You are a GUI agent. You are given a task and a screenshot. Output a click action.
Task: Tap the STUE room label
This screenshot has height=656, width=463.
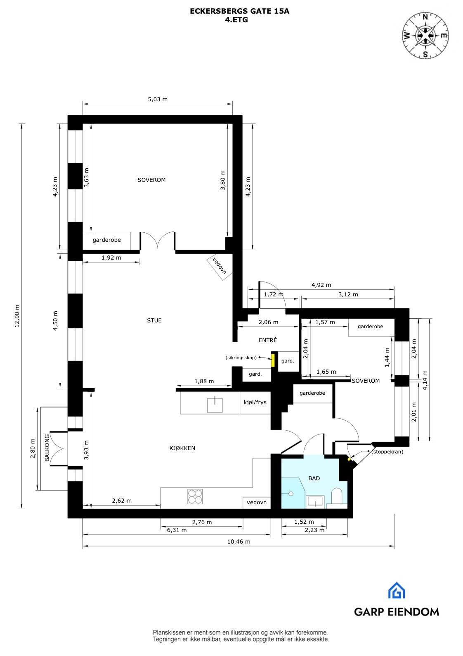coord(154,320)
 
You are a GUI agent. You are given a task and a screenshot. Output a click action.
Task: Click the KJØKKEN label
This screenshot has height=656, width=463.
coord(182,448)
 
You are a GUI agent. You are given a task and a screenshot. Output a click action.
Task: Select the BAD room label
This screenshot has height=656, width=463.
coord(314,478)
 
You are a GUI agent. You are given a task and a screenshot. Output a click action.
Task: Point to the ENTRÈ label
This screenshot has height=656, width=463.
coord(268,340)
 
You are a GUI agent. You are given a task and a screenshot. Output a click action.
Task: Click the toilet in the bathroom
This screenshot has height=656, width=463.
coord(337,496)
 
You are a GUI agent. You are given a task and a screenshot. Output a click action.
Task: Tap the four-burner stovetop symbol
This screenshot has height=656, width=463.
coord(195,496)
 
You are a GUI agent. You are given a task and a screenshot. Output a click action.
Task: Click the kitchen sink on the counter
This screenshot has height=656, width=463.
coord(215,405)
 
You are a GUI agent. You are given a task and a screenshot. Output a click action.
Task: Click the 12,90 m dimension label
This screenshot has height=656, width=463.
coord(17,316)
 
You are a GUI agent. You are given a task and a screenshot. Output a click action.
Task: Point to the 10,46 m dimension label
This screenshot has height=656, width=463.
coord(239,541)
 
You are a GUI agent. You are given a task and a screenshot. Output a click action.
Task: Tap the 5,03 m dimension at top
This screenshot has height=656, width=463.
coord(158,99)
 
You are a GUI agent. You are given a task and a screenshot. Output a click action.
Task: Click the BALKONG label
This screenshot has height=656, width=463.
coord(47,448)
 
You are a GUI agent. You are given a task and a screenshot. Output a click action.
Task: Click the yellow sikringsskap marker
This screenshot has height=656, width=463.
coord(273,359)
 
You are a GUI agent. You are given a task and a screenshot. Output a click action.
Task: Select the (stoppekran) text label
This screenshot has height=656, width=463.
coord(387,452)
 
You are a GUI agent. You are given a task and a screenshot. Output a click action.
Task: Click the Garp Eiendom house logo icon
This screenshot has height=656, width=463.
coord(397,590)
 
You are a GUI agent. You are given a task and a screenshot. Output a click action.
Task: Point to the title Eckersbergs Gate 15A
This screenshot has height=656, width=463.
coord(239,11)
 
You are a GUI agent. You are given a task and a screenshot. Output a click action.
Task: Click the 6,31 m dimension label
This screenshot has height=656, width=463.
coord(177,530)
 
